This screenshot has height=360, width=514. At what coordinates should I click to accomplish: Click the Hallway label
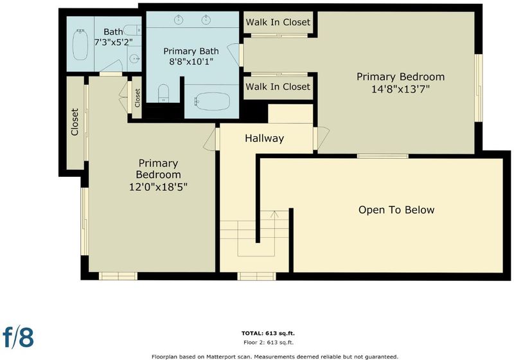pyautogui.click(x=264, y=138)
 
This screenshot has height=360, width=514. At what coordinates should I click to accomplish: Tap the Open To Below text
pyautogui.click(x=396, y=210)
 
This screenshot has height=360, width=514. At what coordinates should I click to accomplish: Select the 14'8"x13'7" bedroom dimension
pyautogui.click(x=400, y=89)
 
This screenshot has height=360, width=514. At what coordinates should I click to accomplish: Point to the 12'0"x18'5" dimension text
pyautogui.click(x=158, y=187)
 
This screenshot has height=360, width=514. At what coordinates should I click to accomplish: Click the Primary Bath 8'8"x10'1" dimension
pyautogui.click(x=191, y=61)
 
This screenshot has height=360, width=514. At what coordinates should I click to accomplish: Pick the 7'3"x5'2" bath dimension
pyautogui.click(x=114, y=42)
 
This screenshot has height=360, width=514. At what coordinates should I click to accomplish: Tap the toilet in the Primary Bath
pyautogui.click(x=163, y=93)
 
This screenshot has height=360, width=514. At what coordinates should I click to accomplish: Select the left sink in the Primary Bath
pyautogui.click(x=179, y=20)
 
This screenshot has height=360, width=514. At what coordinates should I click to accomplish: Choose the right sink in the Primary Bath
pyautogui.click(x=206, y=20)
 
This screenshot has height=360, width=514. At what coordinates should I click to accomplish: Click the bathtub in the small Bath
pyautogui.click(x=80, y=44)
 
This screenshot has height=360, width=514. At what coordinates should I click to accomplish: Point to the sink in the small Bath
pyautogui.click(x=135, y=59)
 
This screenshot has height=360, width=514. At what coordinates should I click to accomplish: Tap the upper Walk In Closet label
pyautogui.click(x=278, y=22)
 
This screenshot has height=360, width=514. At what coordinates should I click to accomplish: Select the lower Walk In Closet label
pyautogui.click(x=278, y=87)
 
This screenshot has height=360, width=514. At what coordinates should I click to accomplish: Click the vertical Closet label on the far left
pyautogui.click(x=75, y=122)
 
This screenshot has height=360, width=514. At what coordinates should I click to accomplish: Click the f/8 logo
pyautogui.click(x=19, y=336)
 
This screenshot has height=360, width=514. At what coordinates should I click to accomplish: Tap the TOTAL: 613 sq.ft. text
pyautogui.click(x=268, y=334)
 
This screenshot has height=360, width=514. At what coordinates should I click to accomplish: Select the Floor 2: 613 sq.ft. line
pyautogui.click(x=269, y=343)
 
